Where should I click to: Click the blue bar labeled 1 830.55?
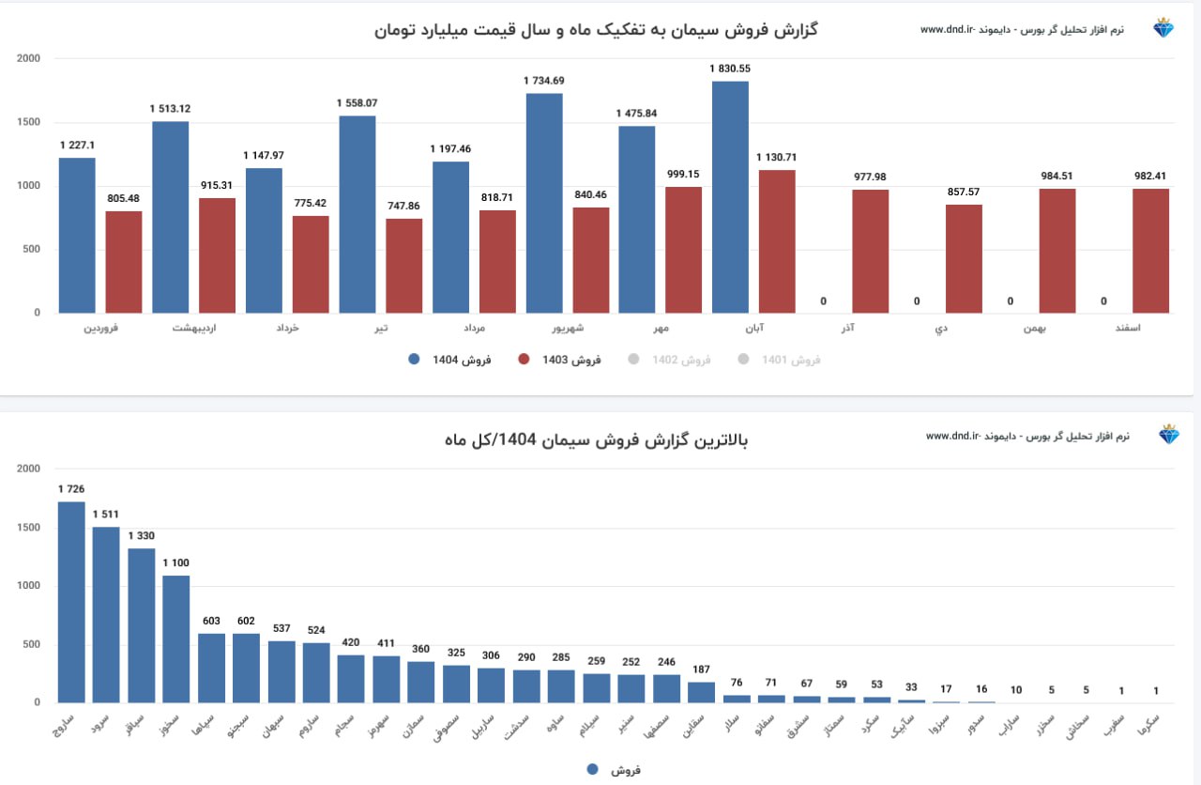pos(730,197)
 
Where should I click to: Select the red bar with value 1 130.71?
pos(777,241)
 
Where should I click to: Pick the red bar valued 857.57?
pos(964,259)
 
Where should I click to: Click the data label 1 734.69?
pos(544,81)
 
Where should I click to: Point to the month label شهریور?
pos(567,328)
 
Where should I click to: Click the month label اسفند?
pos(1151,328)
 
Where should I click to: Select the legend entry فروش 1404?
pos(450,359)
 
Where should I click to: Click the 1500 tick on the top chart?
pos(29,122)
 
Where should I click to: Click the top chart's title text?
pos(596,30)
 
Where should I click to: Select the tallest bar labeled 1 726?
pos(71,602)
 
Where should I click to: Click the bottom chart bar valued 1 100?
pos(176,639)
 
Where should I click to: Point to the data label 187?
pos(701,669)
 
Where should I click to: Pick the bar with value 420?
pos(351,679)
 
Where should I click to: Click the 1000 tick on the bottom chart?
pos(29,586)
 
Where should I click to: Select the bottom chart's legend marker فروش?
pos(592,769)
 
